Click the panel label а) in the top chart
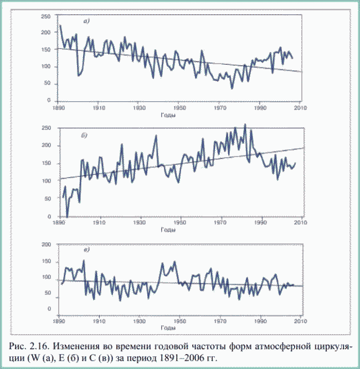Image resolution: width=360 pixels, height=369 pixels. [86, 22]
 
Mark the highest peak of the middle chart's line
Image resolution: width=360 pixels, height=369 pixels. [245, 124]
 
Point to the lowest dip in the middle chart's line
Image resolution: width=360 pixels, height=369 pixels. [67, 216]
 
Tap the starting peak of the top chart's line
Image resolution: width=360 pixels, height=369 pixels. [60, 25]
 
